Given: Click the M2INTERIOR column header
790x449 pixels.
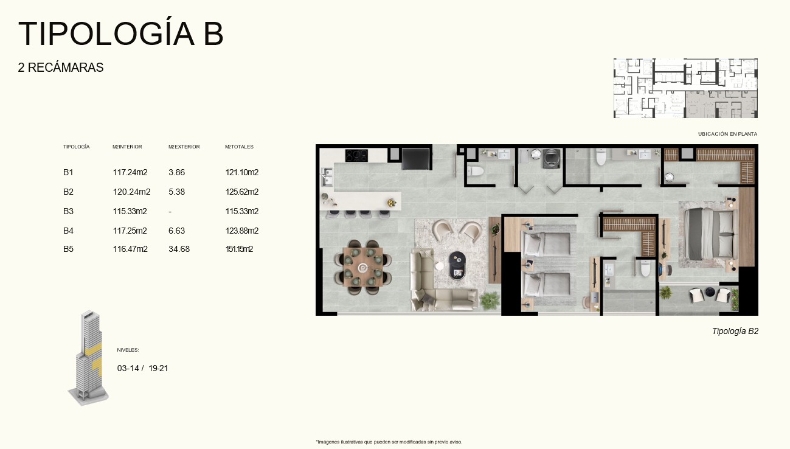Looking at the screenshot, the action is pyautogui.click(x=127, y=147).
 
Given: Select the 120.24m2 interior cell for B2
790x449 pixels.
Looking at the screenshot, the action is pyautogui.click(x=131, y=192).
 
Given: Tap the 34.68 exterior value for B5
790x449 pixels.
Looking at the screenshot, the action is pyautogui.click(x=179, y=249).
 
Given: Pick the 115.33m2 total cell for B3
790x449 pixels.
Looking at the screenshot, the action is pyautogui.click(x=242, y=211).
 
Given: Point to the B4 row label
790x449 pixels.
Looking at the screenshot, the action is pyautogui.click(x=69, y=231).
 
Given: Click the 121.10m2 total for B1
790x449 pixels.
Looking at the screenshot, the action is pyautogui.click(x=242, y=172).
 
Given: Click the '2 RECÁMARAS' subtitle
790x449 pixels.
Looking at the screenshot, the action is pyautogui.click(x=61, y=68).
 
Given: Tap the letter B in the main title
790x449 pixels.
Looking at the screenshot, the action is pyautogui.click(x=213, y=34).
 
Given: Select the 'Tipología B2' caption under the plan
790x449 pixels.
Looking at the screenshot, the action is pyautogui.click(x=735, y=331).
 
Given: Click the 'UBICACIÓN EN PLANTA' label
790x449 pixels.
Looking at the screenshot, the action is pyautogui.click(x=727, y=134).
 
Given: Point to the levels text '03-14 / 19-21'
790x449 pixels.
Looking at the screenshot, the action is pyautogui.click(x=142, y=368).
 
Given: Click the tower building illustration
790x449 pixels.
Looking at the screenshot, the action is pyautogui.click(x=89, y=358).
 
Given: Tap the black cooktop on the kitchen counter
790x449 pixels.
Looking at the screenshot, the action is pyautogui.click(x=356, y=155).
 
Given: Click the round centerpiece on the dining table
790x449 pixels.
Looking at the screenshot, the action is pyautogui.click(x=362, y=268).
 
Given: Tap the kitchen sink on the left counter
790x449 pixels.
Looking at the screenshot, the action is pyautogui.click(x=327, y=176).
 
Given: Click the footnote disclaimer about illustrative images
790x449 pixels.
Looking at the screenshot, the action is pyautogui.click(x=389, y=442).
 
